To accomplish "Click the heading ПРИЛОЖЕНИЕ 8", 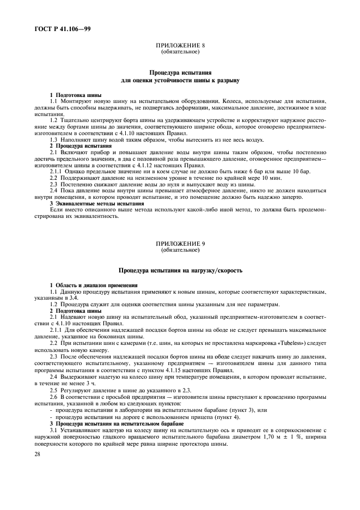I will pos(180,47).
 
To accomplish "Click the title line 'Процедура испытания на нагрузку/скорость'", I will pos(180,270).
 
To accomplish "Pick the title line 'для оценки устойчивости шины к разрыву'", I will pos(180,80).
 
